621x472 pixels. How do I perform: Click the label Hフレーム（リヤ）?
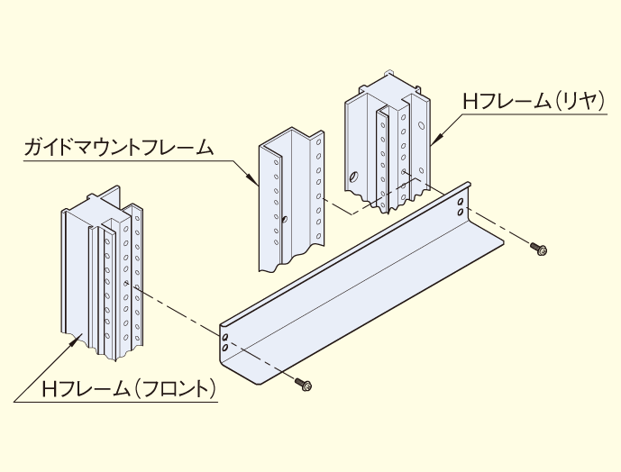533,102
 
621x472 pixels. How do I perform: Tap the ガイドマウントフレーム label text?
118,147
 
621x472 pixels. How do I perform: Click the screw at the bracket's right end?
540,248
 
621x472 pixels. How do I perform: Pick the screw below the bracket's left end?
304,386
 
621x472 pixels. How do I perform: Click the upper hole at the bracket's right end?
462,201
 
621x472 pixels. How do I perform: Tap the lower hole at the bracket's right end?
461,213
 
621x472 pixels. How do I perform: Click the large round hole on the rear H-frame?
353,177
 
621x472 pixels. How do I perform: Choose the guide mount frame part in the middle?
290,203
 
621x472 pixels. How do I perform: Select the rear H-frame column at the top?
383,144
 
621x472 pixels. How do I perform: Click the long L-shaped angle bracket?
361,288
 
